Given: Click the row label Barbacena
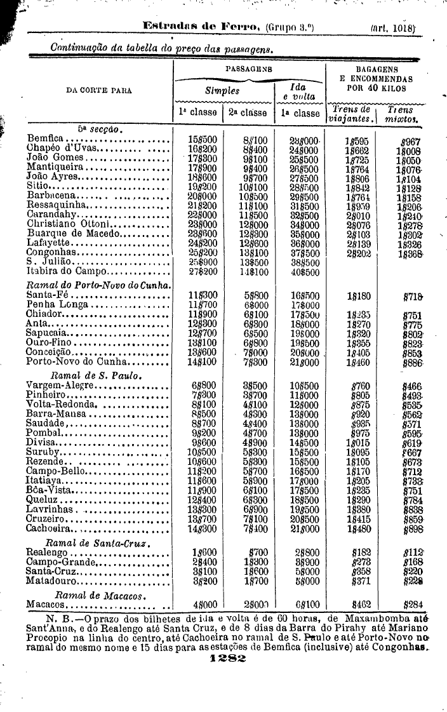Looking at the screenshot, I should coord(49,196).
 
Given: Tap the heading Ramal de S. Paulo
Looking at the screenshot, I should coord(96,375).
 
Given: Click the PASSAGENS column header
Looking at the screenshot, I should coord(249,68).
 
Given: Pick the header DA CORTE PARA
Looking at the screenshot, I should coord(99,90).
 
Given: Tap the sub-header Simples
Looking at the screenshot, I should coord(222,90).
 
